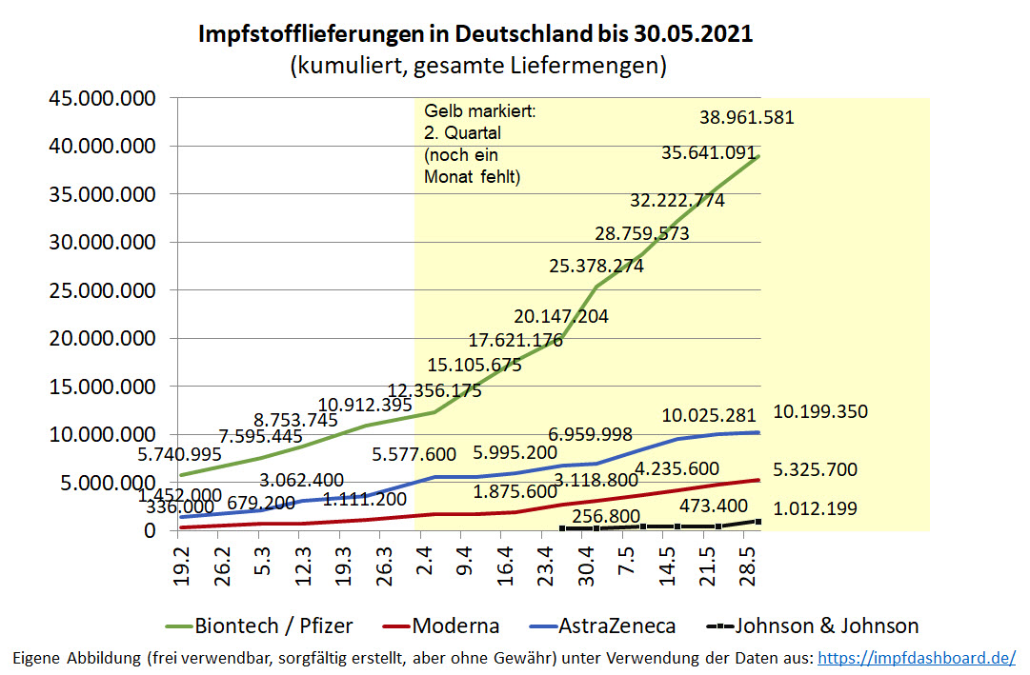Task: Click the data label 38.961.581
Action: pyautogui.click(x=746, y=118)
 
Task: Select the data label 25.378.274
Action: pyautogui.click(x=596, y=266)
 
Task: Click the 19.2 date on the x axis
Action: pyautogui.click(x=180, y=567)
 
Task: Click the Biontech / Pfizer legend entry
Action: pyautogui.click(x=273, y=625)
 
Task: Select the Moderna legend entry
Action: pyautogui.click(x=455, y=625)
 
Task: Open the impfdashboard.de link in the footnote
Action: pyautogui.click(x=917, y=658)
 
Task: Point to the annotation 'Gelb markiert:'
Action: pyautogui.click(x=480, y=112)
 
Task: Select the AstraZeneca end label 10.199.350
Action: pyautogui.click(x=819, y=412)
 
